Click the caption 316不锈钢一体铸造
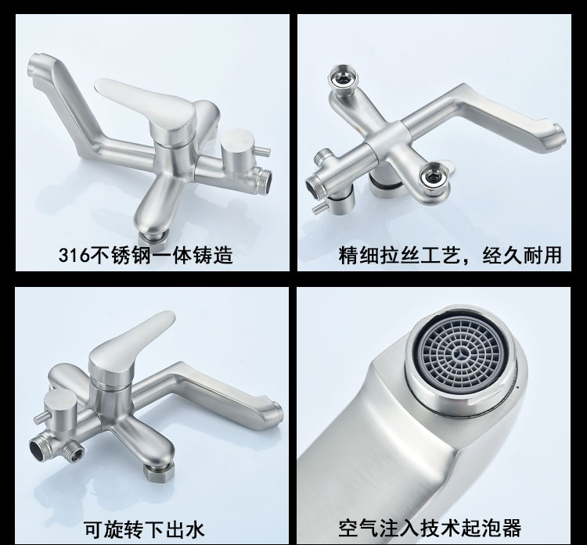point(146,255)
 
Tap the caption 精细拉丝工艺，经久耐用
point(450,255)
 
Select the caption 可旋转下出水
point(144,529)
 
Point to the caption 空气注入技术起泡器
point(430,528)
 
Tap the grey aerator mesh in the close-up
point(461,355)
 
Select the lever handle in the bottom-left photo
point(129,349)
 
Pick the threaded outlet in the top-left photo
point(263,181)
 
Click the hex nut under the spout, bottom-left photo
point(160,471)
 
